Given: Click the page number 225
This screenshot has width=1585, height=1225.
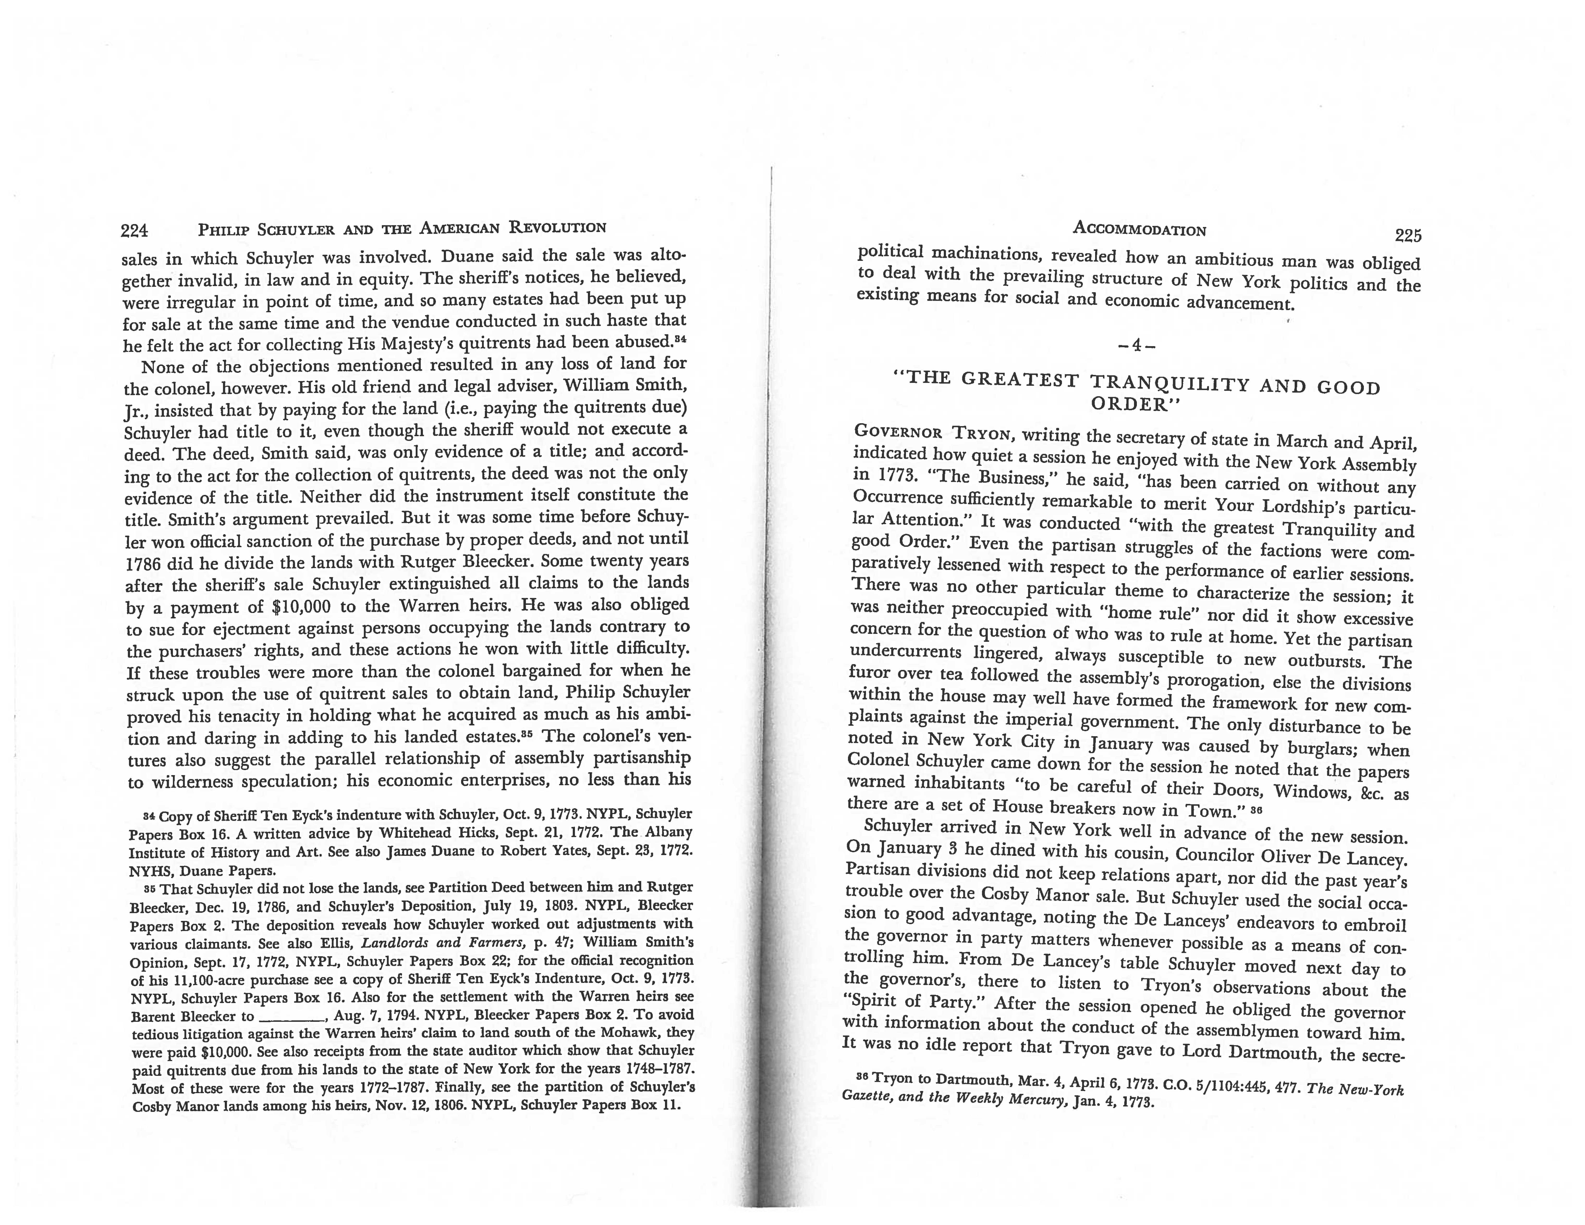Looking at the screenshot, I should (1407, 235).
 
